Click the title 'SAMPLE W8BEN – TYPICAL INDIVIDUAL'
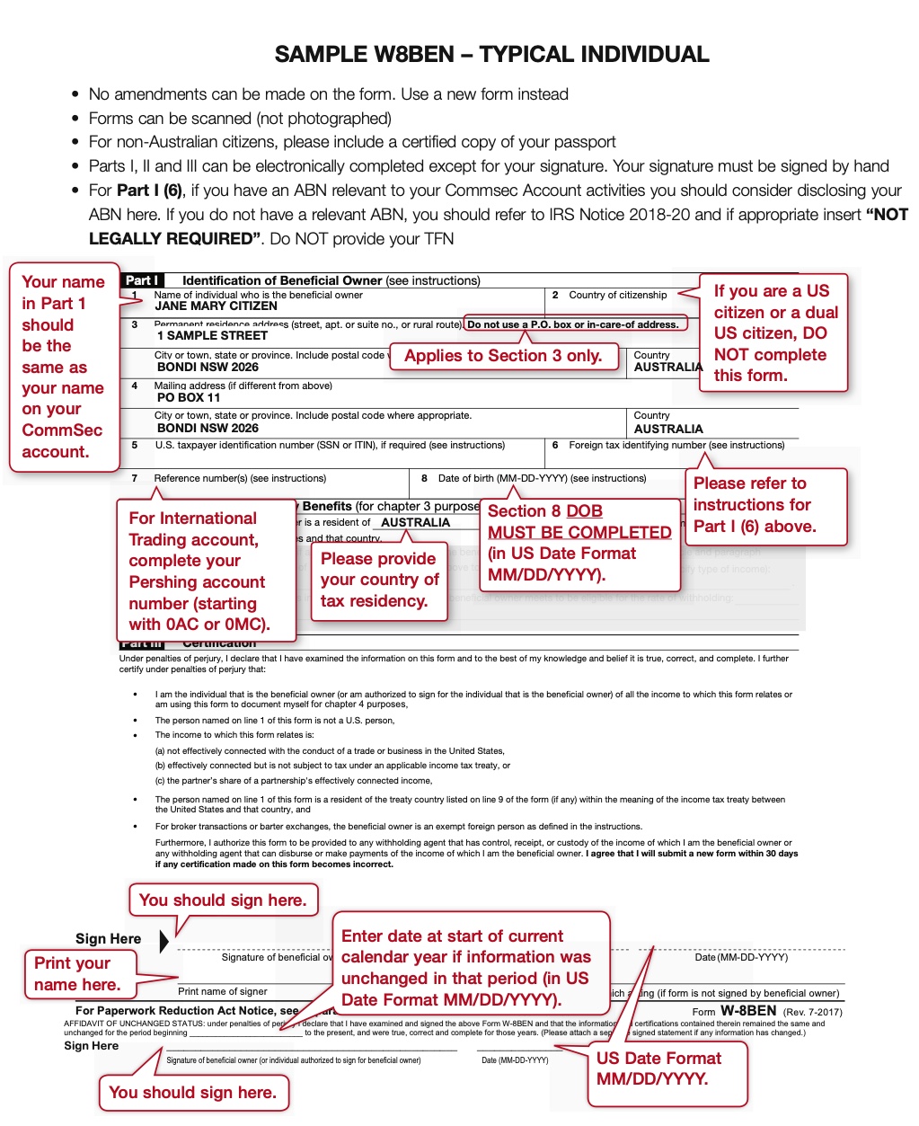491,55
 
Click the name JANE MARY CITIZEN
216,306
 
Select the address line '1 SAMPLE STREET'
212,336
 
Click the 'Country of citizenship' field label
617,295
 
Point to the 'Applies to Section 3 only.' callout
503,356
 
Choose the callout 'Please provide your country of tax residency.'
380,581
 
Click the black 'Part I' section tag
141,280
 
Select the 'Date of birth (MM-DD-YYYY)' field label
542,478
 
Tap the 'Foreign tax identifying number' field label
676,445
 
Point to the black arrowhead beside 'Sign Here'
163,941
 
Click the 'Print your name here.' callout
77,974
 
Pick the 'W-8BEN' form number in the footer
748,1011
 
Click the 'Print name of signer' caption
222,991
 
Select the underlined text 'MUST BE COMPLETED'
579,533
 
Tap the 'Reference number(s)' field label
240,478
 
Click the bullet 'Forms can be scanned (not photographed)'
240,119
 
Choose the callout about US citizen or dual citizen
775,333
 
